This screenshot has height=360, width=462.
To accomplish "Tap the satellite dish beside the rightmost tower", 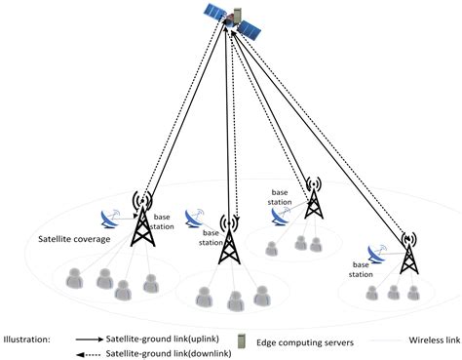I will [x=377, y=255].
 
